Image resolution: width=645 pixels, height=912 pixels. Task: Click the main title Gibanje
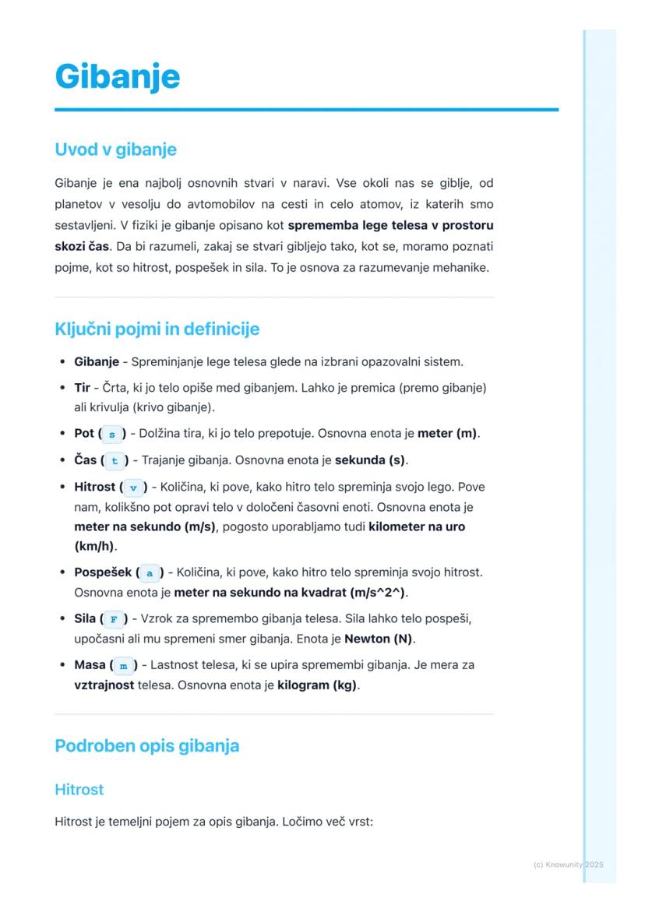(118, 76)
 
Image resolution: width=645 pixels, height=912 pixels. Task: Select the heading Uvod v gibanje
(115, 149)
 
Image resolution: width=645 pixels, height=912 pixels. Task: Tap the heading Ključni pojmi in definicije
(157, 329)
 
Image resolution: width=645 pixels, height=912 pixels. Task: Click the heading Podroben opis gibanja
(146, 745)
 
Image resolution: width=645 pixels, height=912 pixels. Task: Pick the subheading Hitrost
(79, 789)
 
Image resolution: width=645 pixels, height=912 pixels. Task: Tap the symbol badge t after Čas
(115, 460)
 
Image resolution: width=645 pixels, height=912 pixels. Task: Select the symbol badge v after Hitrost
(133, 488)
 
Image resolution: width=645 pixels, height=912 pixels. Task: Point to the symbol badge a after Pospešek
(150, 572)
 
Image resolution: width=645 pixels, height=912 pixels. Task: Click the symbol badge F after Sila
(114, 619)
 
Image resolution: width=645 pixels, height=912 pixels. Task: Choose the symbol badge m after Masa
(123, 666)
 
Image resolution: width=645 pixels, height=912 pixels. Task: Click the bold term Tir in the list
(83, 387)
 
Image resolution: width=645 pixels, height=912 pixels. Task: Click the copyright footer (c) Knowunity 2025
(568, 864)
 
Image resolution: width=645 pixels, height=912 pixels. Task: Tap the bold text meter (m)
(447, 433)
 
